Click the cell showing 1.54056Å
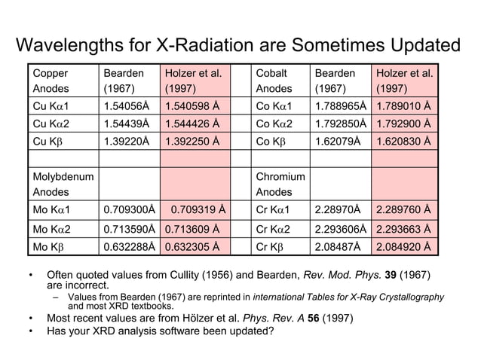click(127, 105)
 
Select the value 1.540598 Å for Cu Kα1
click(192, 105)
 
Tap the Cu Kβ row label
click(60, 142)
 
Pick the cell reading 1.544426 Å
click(192, 123)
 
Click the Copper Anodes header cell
click(60, 80)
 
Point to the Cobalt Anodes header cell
click(280, 80)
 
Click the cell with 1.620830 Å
click(404, 142)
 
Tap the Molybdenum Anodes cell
click(60, 183)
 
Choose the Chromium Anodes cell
click(280, 183)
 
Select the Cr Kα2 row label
click(280, 227)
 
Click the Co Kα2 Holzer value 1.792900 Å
click(404, 123)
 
